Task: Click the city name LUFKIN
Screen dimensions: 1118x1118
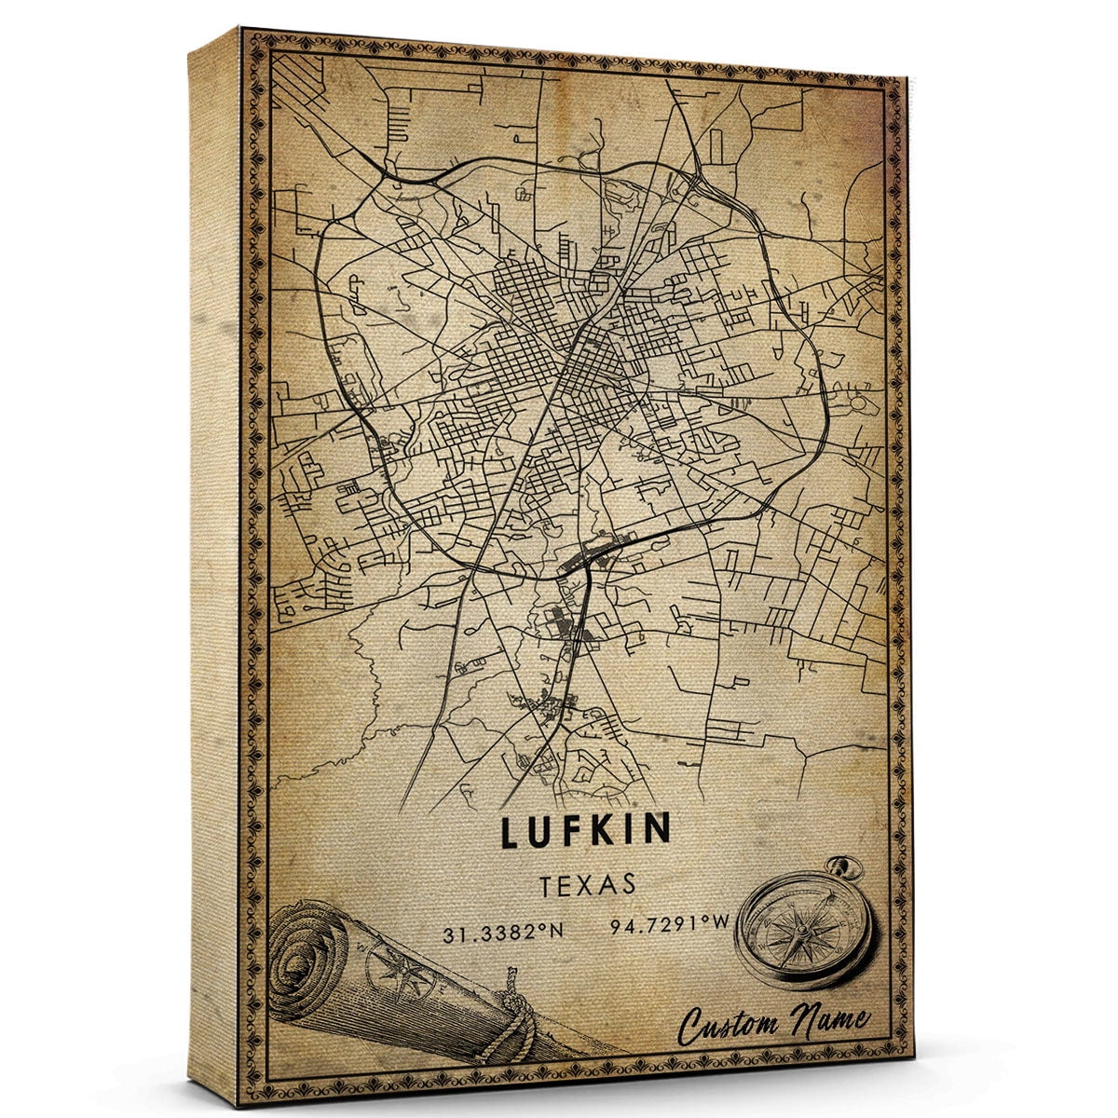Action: [x=586, y=832]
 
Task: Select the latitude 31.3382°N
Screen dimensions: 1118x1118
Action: [x=501, y=928]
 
